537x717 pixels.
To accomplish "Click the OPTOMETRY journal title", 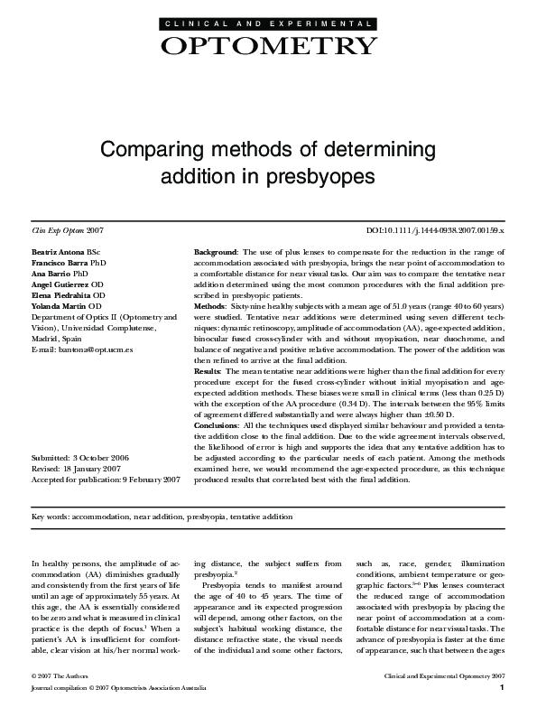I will click(267, 46).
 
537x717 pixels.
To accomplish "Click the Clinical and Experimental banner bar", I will click(267, 22).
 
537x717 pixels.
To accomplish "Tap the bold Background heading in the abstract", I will click(217, 250).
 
